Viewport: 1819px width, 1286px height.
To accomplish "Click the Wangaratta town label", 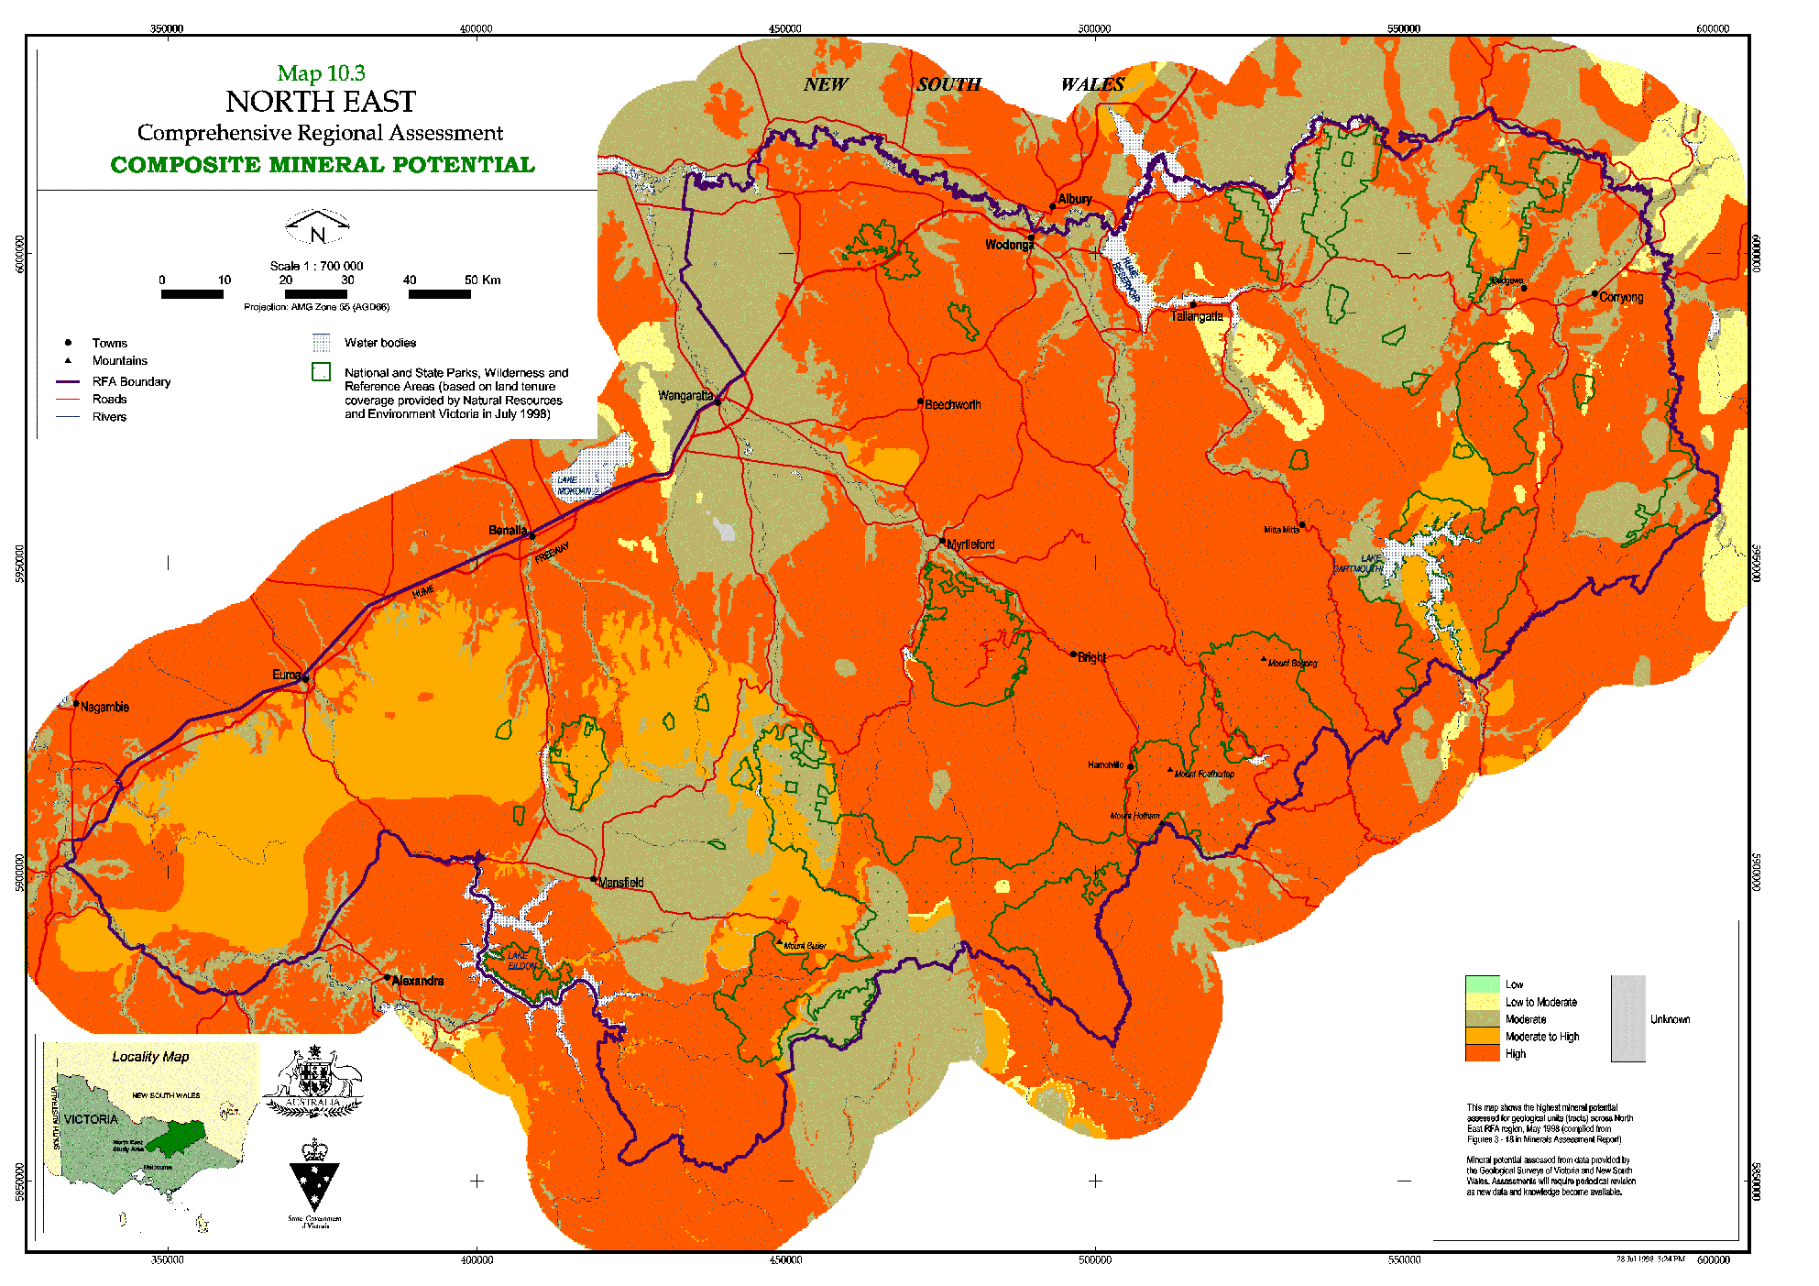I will pyautogui.click(x=685, y=396).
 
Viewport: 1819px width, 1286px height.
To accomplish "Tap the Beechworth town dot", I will pyautogui.click(x=920, y=401).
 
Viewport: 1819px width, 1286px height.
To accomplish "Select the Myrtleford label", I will pyautogui.click(x=970, y=544).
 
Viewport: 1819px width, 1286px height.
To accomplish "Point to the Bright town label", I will pyautogui.click(x=1091, y=657).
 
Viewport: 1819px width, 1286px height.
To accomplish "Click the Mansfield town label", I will pyautogui.click(x=621, y=883).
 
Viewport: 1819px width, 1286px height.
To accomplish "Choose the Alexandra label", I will pyautogui.click(x=418, y=981).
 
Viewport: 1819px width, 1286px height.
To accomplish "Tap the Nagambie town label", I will pyautogui.click(x=104, y=707).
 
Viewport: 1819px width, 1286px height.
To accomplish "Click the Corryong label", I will pyautogui.click(x=1621, y=297).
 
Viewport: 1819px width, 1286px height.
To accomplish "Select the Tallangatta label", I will pyautogui.click(x=1197, y=316).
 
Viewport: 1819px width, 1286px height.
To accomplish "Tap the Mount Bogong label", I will pyautogui.click(x=1292, y=663).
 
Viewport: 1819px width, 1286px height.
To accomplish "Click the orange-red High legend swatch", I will pyautogui.click(x=1482, y=1054).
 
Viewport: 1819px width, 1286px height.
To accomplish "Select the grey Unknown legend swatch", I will pyautogui.click(x=1627, y=1018).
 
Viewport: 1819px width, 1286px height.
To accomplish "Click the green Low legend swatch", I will pyautogui.click(x=1482, y=984).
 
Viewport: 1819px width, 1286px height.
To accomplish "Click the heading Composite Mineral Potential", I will pyautogui.click(x=322, y=165).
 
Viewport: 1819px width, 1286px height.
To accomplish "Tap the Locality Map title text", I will pyautogui.click(x=150, y=1057).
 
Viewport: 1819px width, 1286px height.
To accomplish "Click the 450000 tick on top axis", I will pyautogui.click(x=784, y=28).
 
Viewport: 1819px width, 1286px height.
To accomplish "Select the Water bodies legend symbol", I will pyautogui.click(x=321, y=343).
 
